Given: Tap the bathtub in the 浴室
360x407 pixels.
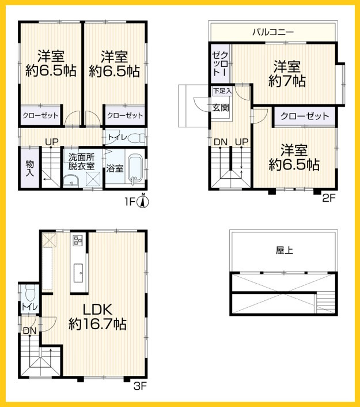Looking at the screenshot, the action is tap(135, 169).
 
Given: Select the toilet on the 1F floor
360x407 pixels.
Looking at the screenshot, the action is tap(137, 138).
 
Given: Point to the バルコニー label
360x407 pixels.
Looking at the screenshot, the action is tap(273, 32).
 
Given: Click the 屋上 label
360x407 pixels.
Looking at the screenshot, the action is tap(285, 250).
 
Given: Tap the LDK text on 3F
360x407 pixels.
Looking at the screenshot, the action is tap(97, 310).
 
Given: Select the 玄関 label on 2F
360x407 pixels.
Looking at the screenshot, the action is tap(221, 107).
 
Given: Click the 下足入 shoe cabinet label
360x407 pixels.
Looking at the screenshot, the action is tap(222, 91).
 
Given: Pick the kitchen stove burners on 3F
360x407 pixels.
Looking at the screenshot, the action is tap(78, 240).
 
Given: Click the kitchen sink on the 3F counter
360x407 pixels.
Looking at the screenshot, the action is tap(78, 273).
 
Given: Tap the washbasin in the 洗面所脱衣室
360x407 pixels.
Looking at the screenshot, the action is tap(71, 180).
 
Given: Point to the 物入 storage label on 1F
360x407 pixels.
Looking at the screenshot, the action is tap(29, 168).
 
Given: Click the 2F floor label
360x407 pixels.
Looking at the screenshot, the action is tap(329, 198).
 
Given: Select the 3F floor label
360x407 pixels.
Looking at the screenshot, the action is tap(140, 386).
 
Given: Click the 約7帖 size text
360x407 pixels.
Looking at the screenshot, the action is tap(287, 81).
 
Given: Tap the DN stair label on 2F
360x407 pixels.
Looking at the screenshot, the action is tap(221, 142).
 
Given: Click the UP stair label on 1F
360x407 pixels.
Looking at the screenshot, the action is tap(52, 142).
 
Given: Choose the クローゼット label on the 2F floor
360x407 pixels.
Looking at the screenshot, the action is tap(305, 116).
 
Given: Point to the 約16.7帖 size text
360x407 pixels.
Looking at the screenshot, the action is tap(97, 324).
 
